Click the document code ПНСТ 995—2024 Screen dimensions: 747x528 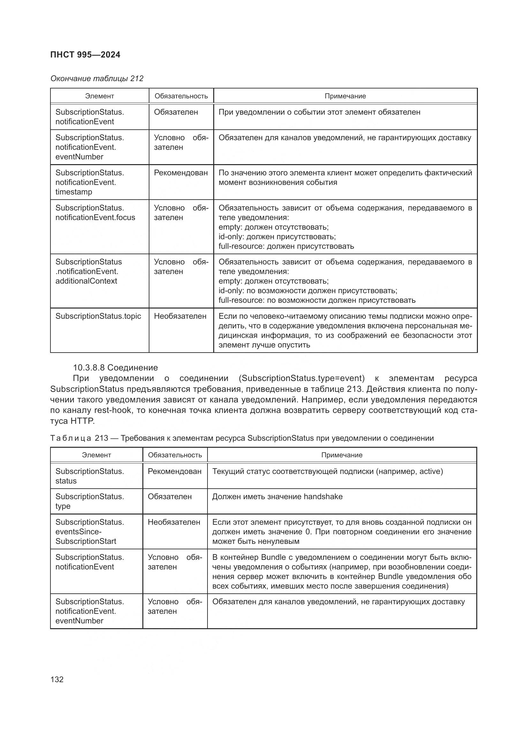pos(85,55)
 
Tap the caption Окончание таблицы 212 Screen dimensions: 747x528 pos(97,79)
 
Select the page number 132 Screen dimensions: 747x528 pos(57,679)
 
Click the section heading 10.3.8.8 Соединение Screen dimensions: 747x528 pos(116,368)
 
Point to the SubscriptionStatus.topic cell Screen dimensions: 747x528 pos(98,316)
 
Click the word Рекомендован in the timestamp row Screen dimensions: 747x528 pos(181,173)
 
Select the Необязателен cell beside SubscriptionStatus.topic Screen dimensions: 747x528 pos(180,316)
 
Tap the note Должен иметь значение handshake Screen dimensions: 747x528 pos(277,497)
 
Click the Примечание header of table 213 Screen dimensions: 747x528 pos(342,455)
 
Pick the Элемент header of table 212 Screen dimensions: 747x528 pos(100,96)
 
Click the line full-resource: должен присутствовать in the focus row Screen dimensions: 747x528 pos(286,246)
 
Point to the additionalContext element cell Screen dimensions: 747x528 pos(88,271)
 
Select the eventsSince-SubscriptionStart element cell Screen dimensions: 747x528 pos(89,532)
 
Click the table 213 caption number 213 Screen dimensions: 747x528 pos(102,438)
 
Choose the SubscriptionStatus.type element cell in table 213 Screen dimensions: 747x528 pos(89,501)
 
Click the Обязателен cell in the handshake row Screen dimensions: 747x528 pos(170,497)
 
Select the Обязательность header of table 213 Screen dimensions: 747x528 pos(175,455)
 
